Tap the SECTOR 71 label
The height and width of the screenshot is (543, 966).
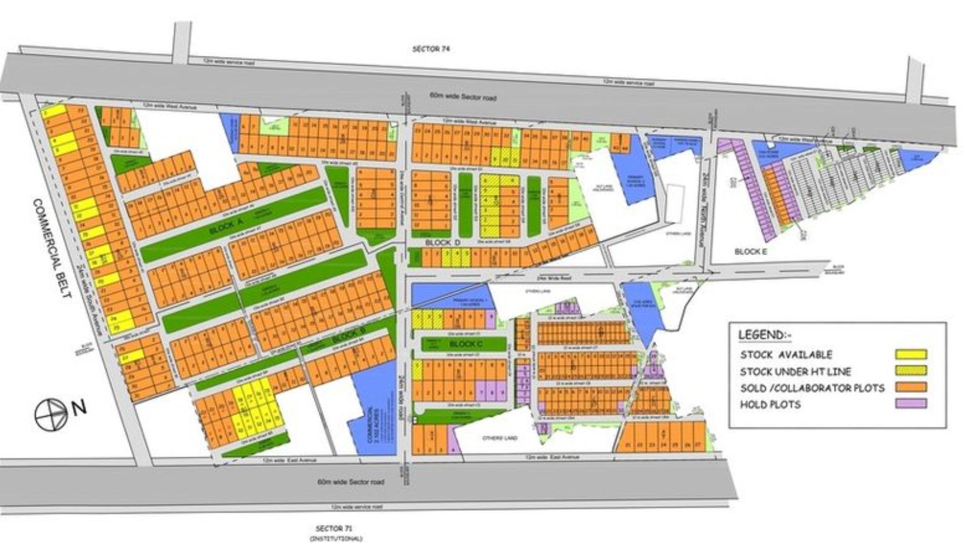click(x=333, y=529)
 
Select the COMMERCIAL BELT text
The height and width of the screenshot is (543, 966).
click(x=52, y=248)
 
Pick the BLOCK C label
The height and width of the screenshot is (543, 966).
click(x=465, y=344)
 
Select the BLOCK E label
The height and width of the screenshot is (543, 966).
click(x=750, y=251)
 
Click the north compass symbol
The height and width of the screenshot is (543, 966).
click(x=51, y=414)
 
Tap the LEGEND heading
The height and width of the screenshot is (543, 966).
click(x=763, y=335)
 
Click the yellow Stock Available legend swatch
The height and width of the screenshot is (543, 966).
click(x=911, y=354)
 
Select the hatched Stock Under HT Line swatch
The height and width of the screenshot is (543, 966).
click(x=911, y=371)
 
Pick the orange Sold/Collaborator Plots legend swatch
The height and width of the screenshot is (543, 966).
click(x=911, y=387)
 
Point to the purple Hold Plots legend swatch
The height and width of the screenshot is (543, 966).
click(x=911, y=404)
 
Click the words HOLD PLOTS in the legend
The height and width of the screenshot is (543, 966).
click(x=770, y=405)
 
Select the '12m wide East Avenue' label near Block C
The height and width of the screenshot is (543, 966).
click(x=552, y=457)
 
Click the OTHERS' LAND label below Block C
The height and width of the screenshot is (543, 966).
click(x=499, y=438)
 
